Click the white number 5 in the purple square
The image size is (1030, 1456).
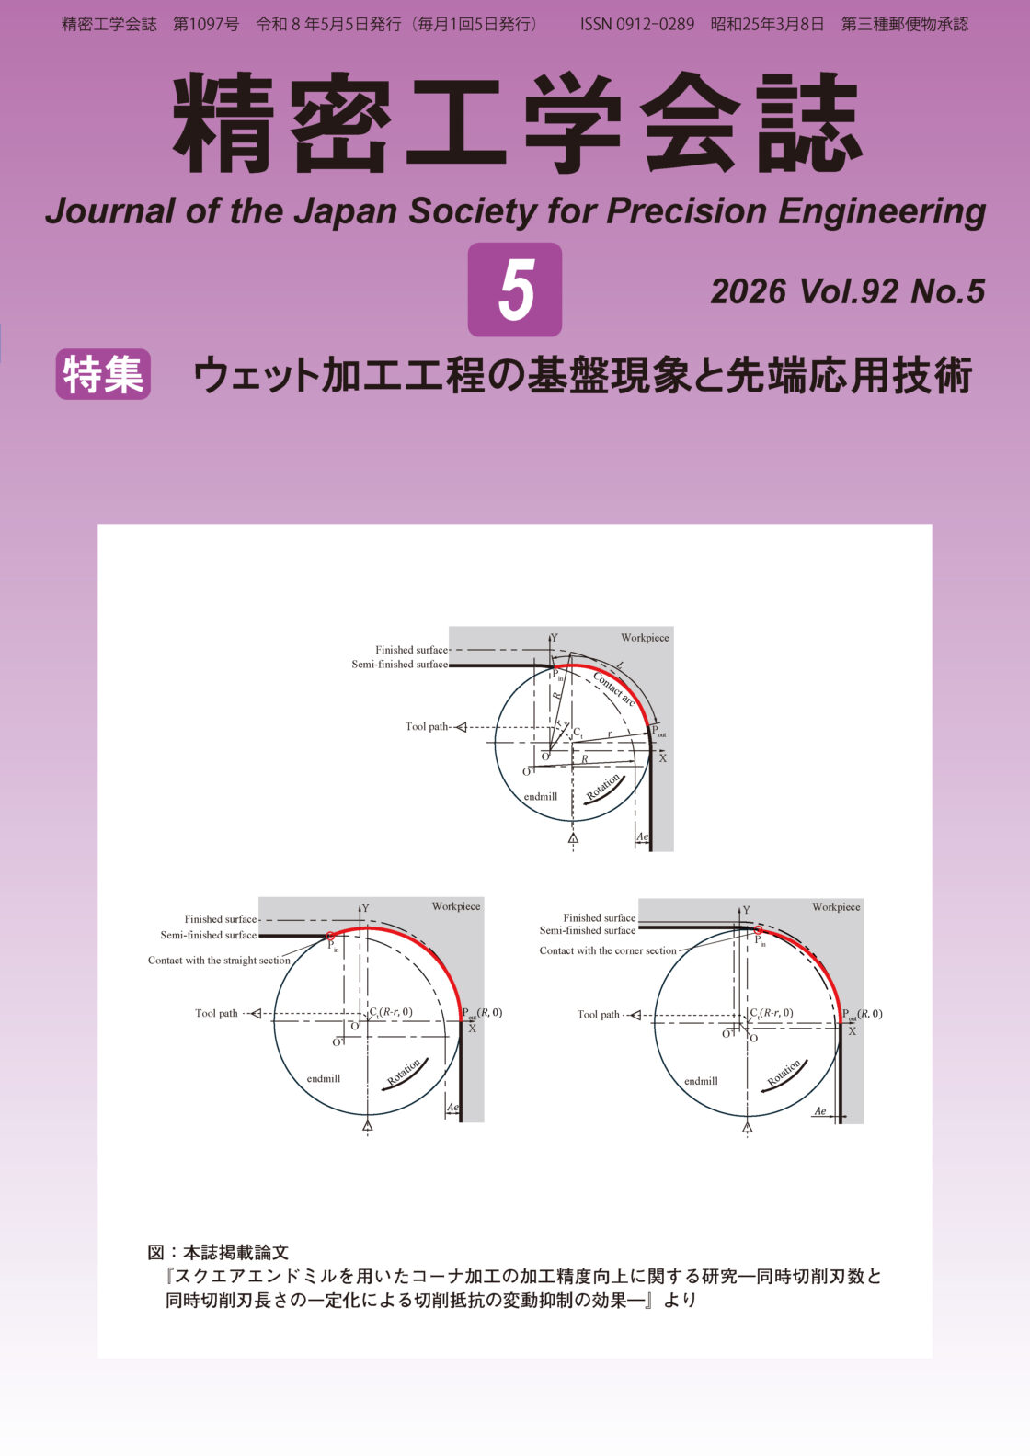point(516,290)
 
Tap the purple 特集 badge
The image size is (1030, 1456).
point(103,374)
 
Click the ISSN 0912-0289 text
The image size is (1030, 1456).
point(637,25)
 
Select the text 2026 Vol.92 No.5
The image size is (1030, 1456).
point(848,291)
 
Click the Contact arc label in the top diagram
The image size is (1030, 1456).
point(613,689)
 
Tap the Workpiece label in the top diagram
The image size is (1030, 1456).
point(645,638)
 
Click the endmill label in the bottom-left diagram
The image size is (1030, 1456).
point(323,1078)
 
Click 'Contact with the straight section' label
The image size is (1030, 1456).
point(219,960)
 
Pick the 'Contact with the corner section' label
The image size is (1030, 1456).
point(607,950)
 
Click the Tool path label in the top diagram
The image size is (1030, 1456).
point(427,727)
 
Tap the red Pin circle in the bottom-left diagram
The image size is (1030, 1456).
point(330,936)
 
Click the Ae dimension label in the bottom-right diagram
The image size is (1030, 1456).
point(820,1111)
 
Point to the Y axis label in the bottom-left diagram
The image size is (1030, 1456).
point(365,908)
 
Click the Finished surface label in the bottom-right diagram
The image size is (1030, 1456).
point(599,917)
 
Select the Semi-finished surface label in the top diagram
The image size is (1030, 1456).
point(399,665)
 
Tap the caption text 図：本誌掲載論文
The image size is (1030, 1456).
point(218,1252)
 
